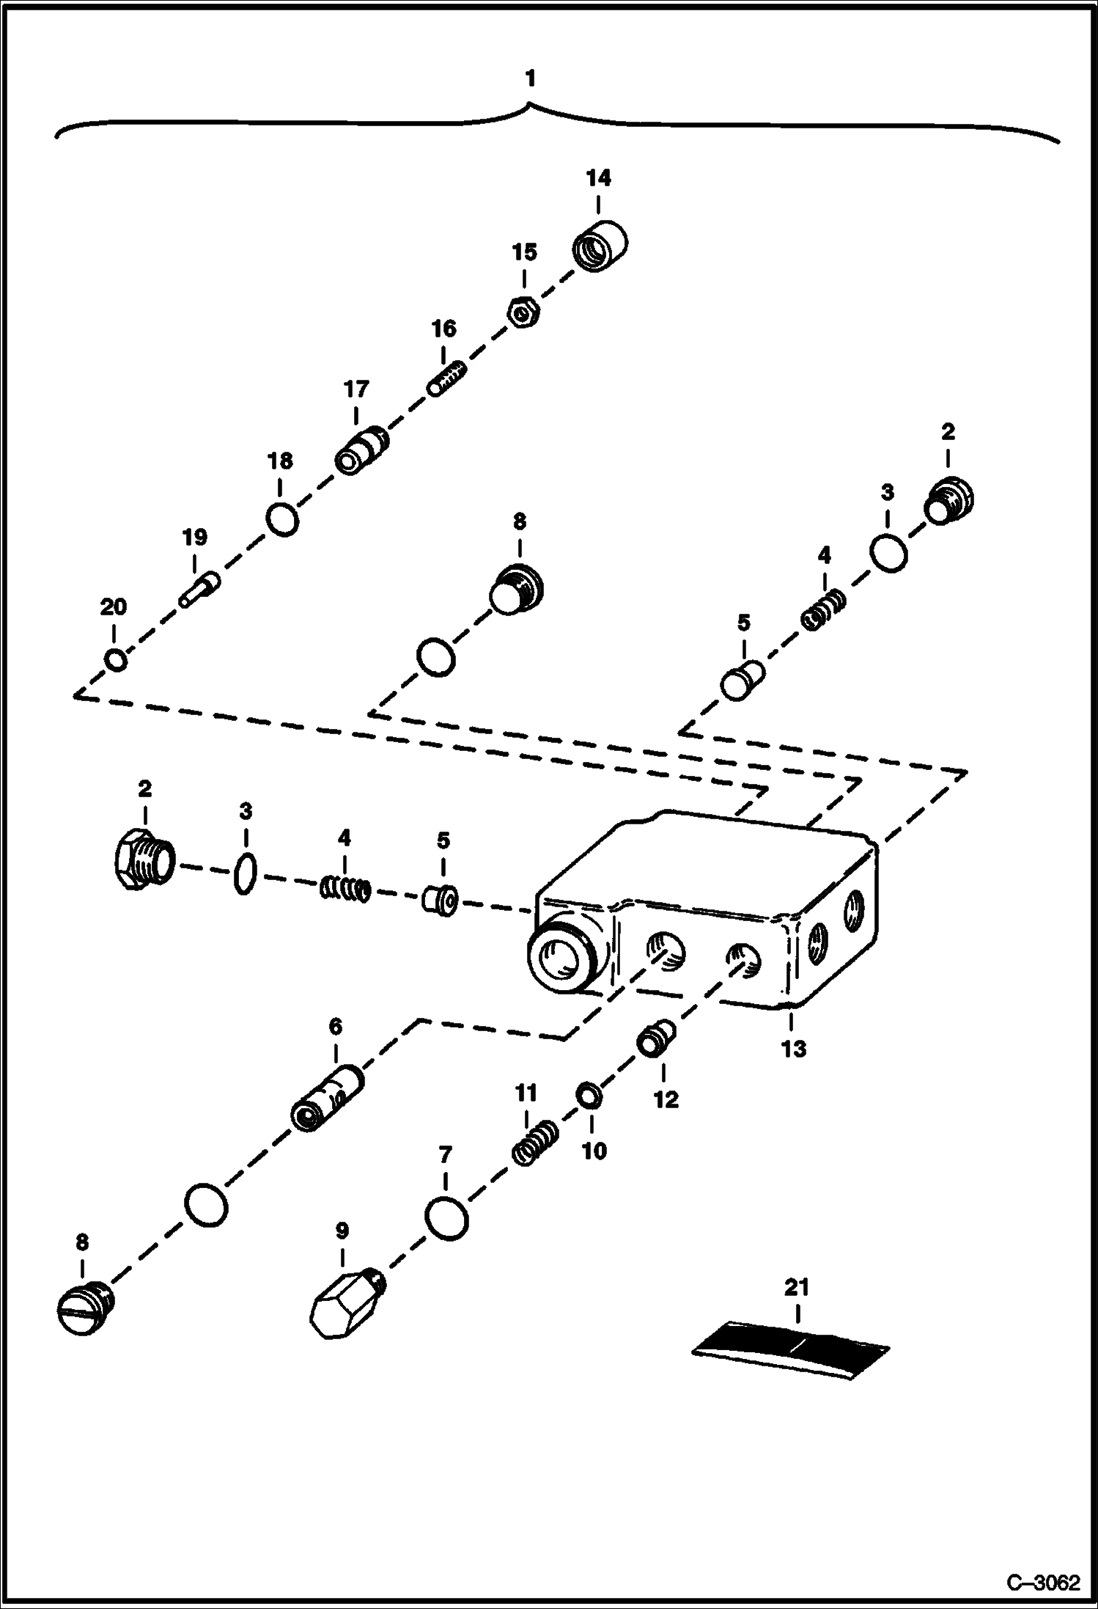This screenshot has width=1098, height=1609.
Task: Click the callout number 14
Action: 598,178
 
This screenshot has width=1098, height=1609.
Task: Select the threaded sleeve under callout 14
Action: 600,246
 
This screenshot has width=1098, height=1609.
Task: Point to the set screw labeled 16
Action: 446,378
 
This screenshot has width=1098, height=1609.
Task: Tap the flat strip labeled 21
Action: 792,1351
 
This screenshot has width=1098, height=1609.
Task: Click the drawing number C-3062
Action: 1043,1583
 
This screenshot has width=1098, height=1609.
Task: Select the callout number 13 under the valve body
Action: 794,1049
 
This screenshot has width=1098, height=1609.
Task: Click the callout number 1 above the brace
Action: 531,78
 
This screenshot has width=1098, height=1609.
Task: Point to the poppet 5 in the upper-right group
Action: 742,681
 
